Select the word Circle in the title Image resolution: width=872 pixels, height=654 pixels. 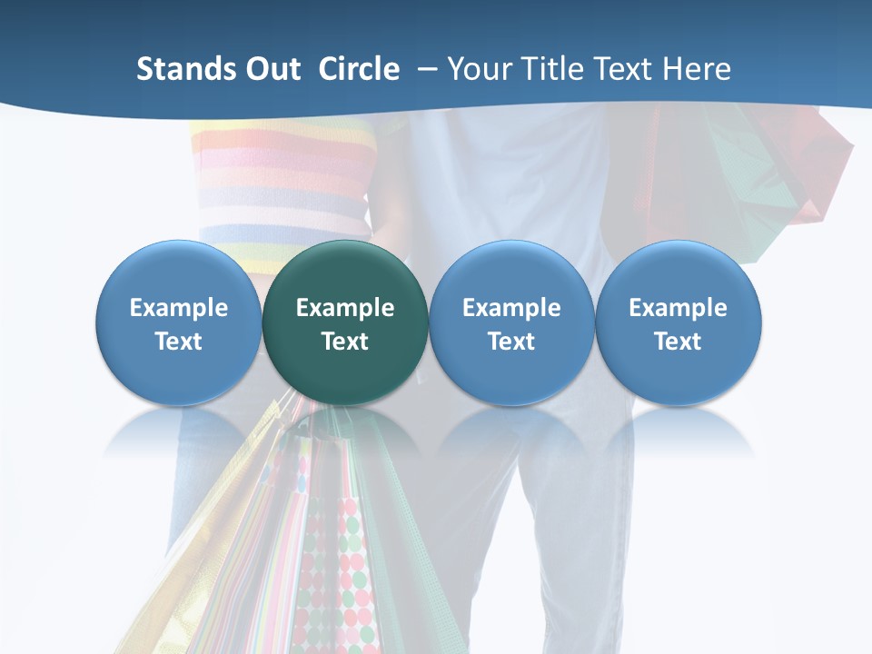(359, 69)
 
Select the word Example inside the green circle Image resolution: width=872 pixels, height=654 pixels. (345, 308)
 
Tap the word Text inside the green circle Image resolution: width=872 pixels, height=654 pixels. (345, 342)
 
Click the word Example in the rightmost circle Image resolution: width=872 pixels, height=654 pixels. (678, 308)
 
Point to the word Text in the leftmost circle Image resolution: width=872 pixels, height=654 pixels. (179, 342)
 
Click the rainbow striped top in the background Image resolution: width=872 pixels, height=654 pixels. (282, 182)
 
